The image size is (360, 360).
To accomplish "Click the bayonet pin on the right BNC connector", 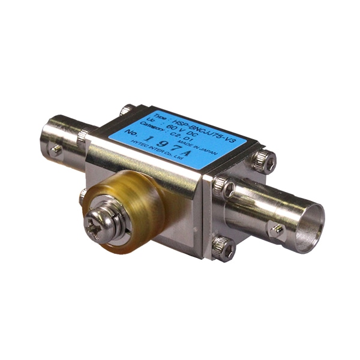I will [x=277, y=229].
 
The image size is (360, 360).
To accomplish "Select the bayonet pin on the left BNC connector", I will [x=56, y=149].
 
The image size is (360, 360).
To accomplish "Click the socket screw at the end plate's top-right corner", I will [x=265, y=160].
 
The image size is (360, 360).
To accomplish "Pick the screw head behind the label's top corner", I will [x=127, y=110].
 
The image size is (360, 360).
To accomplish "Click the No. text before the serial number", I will [x=130, y=138].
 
